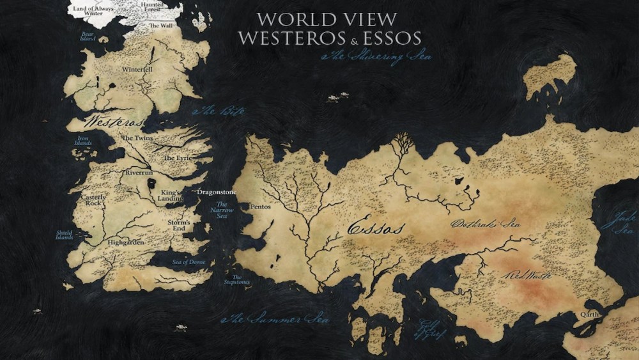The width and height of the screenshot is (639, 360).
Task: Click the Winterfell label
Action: (137, 69)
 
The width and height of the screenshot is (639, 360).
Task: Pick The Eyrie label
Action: (178, 157)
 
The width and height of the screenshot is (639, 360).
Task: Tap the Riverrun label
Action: (139, 173)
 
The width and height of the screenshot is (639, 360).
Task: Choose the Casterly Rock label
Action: (93, 201)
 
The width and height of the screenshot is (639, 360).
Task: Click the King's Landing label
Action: (171, 196)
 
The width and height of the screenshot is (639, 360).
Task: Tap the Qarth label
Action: (590, 315)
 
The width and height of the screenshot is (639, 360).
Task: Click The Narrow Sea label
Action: (224, 211)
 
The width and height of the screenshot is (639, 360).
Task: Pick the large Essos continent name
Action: (376, 227)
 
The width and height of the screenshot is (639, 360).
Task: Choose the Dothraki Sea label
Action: (486, 224)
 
